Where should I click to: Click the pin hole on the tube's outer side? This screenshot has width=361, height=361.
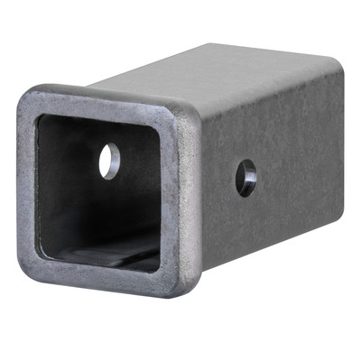245,177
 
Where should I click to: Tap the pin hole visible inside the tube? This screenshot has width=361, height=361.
109,161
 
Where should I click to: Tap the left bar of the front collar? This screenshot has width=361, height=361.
28,180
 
